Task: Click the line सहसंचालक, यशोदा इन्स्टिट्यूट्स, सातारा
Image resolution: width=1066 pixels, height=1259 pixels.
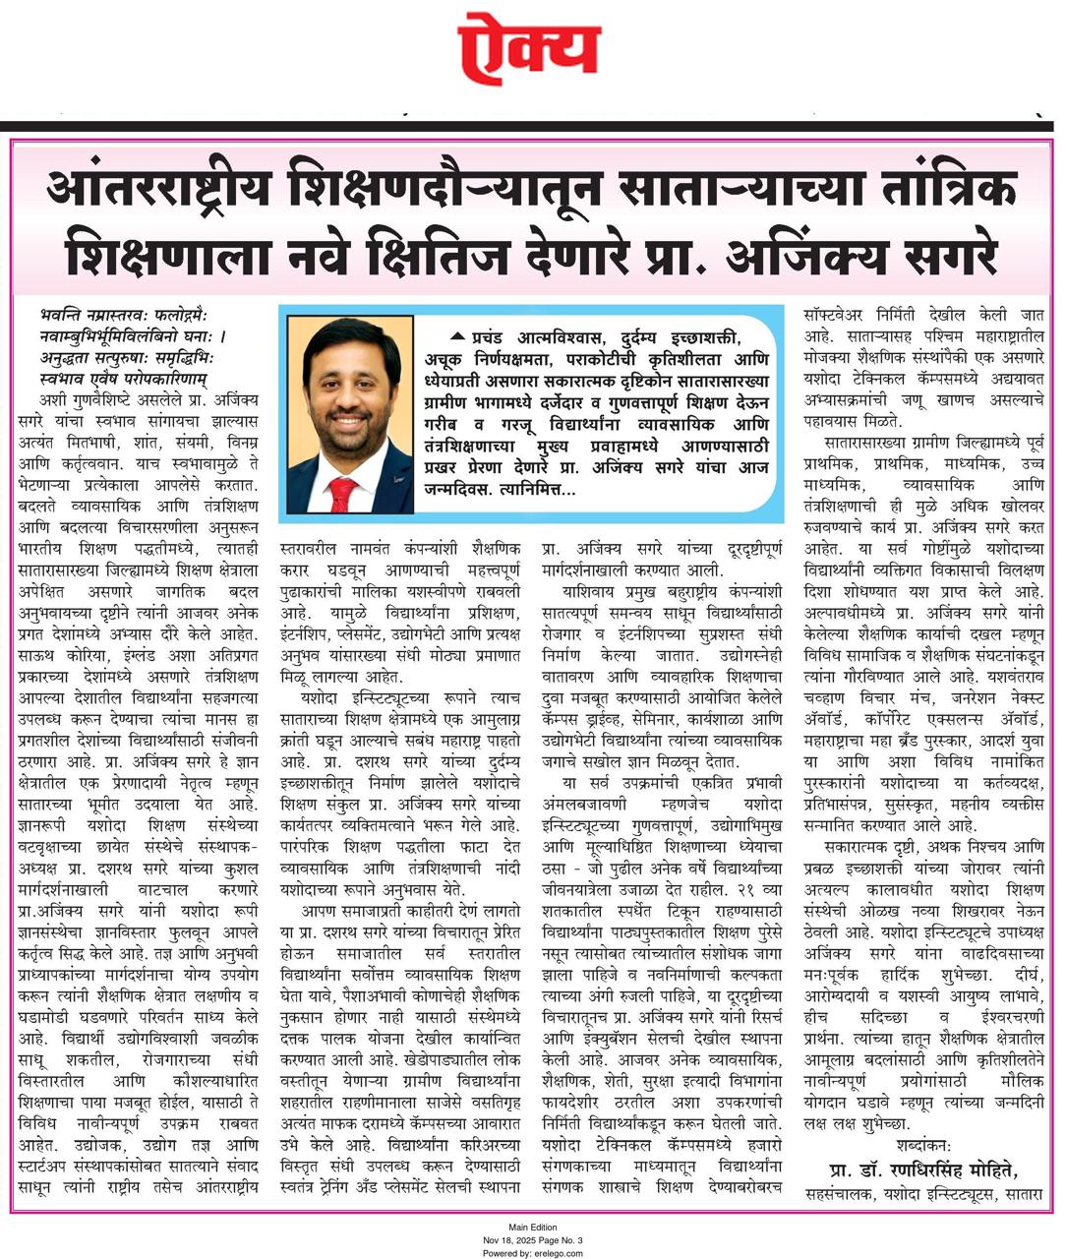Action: pyautogui.click(x=922, y=1194)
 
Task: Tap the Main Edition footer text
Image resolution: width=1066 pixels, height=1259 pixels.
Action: pyautogui.click(x=532, y=1228)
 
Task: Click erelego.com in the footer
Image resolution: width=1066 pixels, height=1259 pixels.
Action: pyautogui.click(x=559, y=1252)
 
